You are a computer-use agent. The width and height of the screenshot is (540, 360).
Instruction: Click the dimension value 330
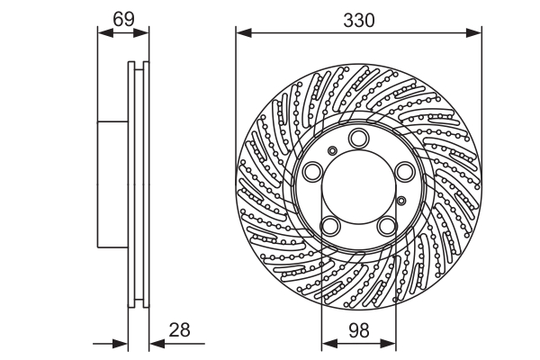pyautogui.click(x=359, y=19)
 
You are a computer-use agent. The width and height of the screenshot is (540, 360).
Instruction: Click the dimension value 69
pyautogui.click(x=123, y=17)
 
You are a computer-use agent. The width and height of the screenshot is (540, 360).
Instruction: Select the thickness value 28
pyautogui.click(x=180, y=330)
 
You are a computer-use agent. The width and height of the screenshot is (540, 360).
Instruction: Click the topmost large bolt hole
pyautogui.click(x=359, y=138)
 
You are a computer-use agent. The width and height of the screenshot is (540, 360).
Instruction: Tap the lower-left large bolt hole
pyautogui.click(x=330, y=225)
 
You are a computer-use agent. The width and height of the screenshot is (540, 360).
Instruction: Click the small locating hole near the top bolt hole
pyautogui.click(x=333, y=150)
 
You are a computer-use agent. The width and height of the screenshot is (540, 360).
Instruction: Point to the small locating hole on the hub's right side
pyautogui.click(x=402, y=201)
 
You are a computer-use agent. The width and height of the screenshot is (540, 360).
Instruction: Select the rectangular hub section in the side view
pyautogui.click(x=112, y=184)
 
